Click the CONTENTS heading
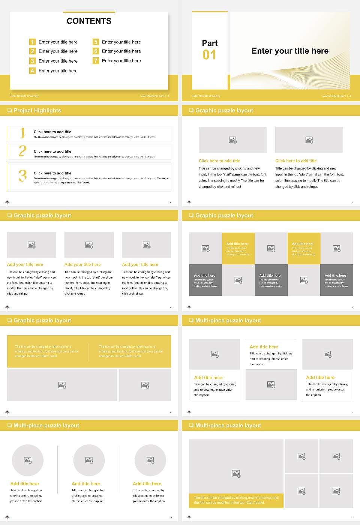click(89, 21)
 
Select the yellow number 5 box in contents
click(96, 42)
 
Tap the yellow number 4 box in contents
click(33, 70)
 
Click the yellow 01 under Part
click(209, 55)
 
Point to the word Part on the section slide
click(210, 43)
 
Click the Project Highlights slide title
click(37, 110)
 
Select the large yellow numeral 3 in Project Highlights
click(23, 175)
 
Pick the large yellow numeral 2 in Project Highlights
click(22, 151)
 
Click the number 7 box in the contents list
click(96, 61)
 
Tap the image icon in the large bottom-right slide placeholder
click(236, 474)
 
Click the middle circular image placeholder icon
click(89, 460)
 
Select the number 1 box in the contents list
click(33, 42)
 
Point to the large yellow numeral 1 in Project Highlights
click(22, 133)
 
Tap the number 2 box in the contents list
click(33, 51)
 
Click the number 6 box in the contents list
click(96, 51)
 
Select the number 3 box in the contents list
click(33, 61)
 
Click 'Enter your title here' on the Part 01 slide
click(290, 51)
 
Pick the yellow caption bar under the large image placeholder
click(236, 500)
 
